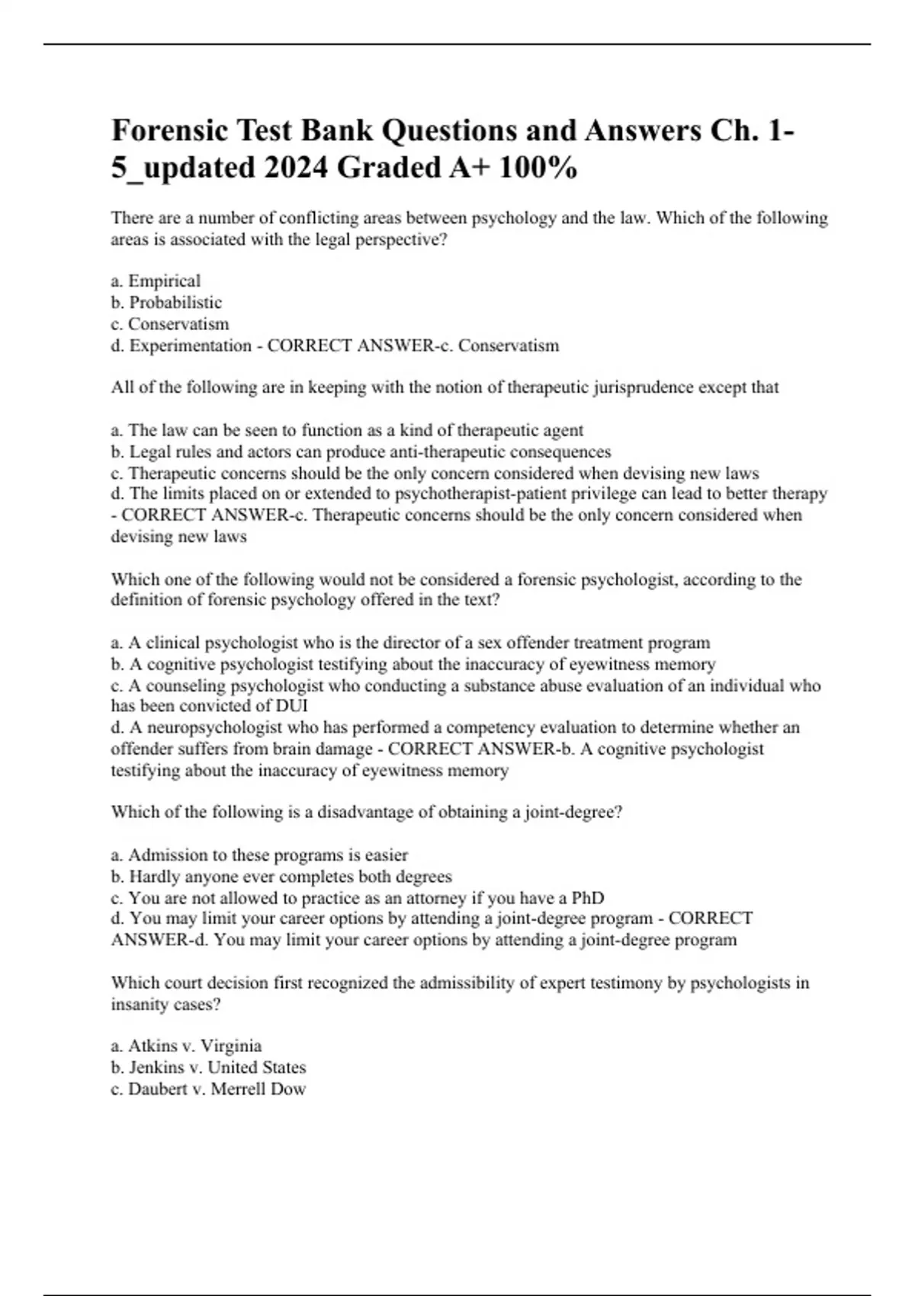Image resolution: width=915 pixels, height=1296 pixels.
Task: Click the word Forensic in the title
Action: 170,130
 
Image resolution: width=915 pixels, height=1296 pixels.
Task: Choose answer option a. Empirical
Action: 156,281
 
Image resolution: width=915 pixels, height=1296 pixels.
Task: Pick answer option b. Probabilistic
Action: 166,302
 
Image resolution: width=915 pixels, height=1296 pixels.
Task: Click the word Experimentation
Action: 190,345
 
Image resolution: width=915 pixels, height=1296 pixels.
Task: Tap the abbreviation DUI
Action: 293,705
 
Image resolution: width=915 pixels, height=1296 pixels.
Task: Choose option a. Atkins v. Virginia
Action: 186,1046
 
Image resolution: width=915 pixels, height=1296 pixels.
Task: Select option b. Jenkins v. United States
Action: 208,1067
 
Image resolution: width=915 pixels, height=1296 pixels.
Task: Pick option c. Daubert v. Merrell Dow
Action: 208,1089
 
